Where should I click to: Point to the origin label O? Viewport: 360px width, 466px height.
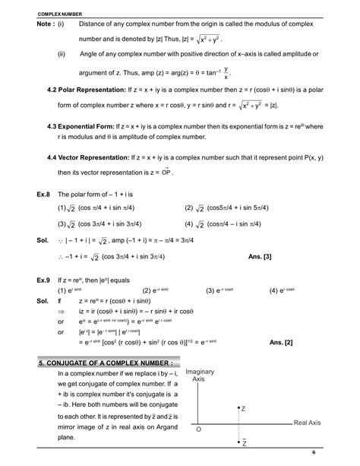click(x=198, y=430)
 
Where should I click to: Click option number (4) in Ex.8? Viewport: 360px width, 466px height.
click(x=189, y=224)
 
